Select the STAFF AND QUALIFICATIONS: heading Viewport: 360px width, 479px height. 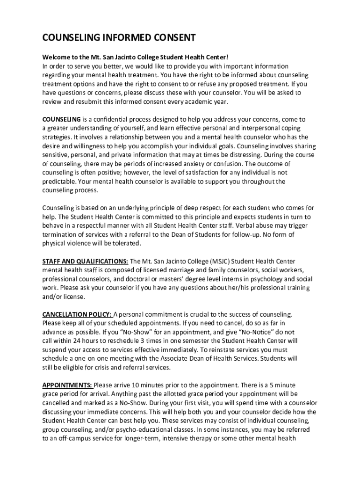pyautogui.click(x=85, y=261)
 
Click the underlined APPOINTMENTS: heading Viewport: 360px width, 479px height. pyautogui.click(x=67, y=385)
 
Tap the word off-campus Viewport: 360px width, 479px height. pyautogui.click(x=70, y=438)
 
